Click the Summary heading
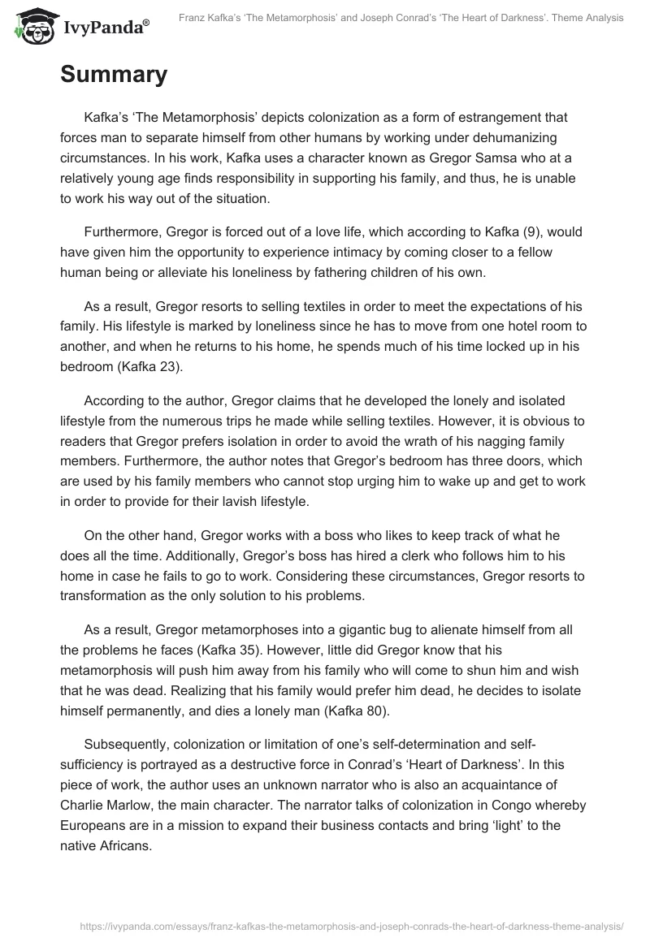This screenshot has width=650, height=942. (x=114, y=75)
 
